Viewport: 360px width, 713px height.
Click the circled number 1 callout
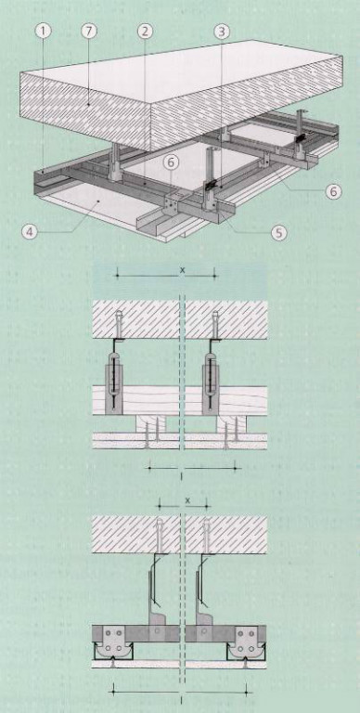coord(44,32)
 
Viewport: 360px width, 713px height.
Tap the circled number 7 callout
coord(88,32)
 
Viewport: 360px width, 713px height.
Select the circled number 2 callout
coord(145,32)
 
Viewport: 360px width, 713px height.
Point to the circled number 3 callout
coord(222,32)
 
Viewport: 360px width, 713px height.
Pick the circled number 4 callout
coord(30,232)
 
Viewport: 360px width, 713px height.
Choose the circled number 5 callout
coord(278,233)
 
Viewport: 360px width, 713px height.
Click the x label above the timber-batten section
coord(183,270)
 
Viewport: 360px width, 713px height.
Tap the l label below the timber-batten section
coord(181,475)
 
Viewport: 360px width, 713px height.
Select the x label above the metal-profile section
coord(188,499)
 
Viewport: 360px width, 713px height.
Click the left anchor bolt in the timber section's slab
coord(120,321)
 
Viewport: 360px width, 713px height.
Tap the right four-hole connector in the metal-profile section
coord(248,642)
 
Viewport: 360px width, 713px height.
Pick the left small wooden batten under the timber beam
coord(151,423)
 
